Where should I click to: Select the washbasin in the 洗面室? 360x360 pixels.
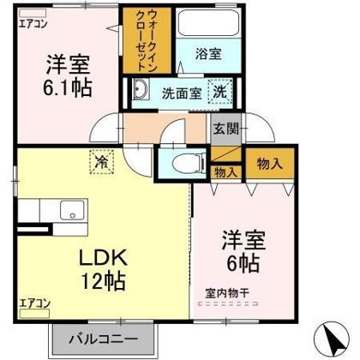point(141,90)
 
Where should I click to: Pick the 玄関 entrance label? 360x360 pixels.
point(222,129)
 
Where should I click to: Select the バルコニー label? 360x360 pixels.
point(105,340)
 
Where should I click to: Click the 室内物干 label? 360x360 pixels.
point(226,293)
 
